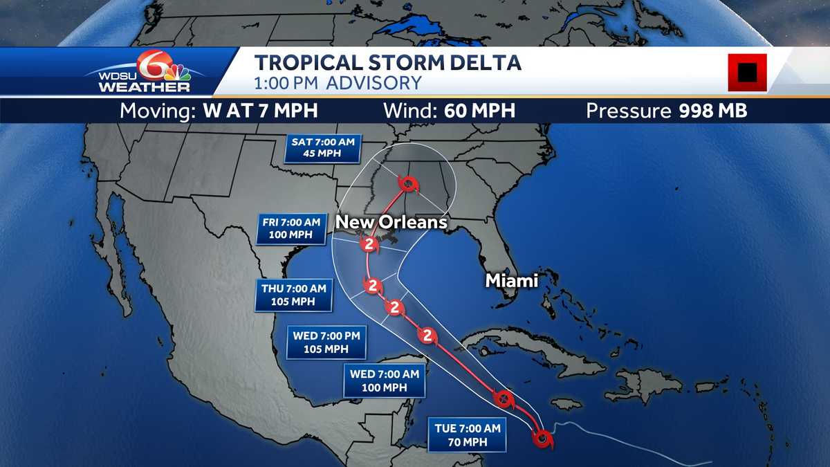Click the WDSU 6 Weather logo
click(x=145, y=72)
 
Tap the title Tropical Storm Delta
click(x=387, y=63)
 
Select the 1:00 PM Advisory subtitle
click(x=338, y=84)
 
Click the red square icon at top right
click(x=747, y=72)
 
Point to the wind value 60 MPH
click(x=475, y=111)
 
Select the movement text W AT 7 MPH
click(x=261, y=111)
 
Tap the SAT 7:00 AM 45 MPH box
click(x=323, y=147)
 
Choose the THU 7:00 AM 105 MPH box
click(x=294, y=295)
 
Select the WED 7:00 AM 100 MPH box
click(x=384, y=381)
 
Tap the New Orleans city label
click(x=391, y=223)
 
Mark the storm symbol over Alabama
click(x=408, y=184)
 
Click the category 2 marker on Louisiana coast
click(x=369, y=243)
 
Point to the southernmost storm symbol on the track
click(x=543, y=437)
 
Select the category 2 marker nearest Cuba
click(x=427, y=336)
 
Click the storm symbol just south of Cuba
click(x=503, y=399)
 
